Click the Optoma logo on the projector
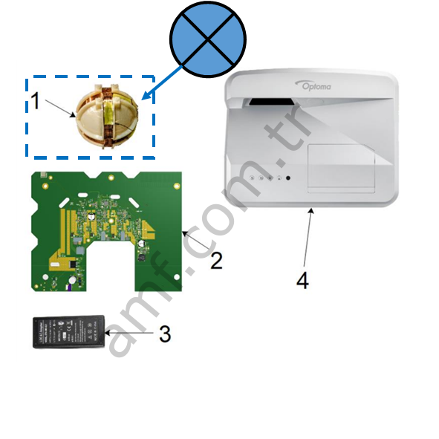tap(313, 85)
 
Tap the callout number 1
tap(36, 101)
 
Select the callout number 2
tap(216, 261)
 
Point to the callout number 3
tap(165, 334)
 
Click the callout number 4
tap(302, 281)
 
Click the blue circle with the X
tap(208, 39)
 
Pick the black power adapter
tap(69, 332)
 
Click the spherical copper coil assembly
tap(107, 116)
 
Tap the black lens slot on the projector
tap(272, 102)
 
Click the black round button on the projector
tap(287, 178)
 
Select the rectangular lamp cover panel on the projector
tap(341, 169)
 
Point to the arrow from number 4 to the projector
tap(308, 238)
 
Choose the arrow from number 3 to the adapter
tap(129, 333)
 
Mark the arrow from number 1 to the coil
tap(60, 108)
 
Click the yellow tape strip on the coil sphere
tap(108, 113)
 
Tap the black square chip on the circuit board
tap(73, 264)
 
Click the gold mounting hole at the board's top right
tap(177, 186)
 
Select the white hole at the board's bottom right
tap(177, 277)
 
